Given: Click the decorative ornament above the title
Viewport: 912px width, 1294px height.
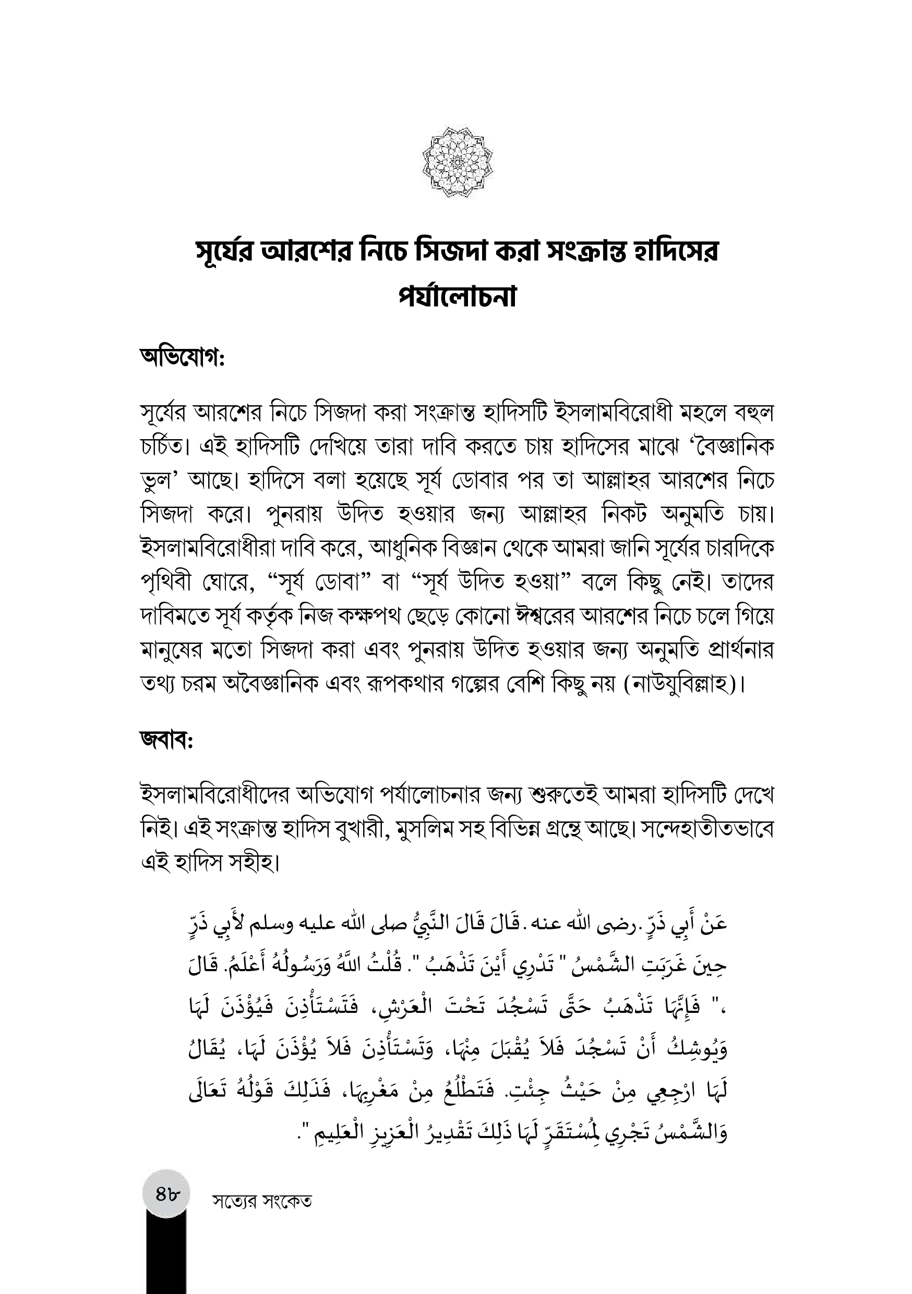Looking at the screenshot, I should pos(457,162).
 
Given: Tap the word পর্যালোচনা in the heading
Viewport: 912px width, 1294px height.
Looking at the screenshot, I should pos(457,297).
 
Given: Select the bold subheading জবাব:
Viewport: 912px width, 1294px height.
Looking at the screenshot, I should pos(167,740).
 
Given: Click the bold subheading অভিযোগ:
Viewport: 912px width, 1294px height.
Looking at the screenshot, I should pos(182,358).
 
